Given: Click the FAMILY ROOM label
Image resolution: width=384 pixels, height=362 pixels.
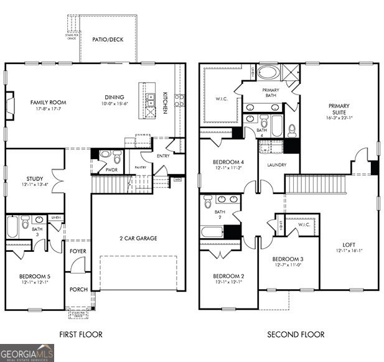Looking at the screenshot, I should (x=49, y=103).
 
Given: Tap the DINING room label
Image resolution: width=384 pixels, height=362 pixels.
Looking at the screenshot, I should (x=115, y=97).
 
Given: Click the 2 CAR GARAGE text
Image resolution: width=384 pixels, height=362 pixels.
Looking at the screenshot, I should (x=138, y=238).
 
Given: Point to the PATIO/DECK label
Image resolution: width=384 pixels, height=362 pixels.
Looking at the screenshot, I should (x=108, y=39).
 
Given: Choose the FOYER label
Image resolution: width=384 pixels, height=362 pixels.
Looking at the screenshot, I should (x=78, y=251).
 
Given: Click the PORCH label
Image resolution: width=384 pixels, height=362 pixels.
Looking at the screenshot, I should (x=78, y=289).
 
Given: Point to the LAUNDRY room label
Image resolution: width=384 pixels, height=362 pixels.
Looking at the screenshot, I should (x=276, y=165).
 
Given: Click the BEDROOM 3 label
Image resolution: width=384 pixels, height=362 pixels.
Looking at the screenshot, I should (x=288, y=259).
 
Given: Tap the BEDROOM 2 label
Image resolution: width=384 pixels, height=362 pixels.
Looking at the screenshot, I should (x=228, y=276).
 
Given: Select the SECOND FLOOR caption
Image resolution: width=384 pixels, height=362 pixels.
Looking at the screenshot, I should (x=296, y=335).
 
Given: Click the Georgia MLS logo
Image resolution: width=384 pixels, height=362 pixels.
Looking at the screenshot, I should (x=27, y=353).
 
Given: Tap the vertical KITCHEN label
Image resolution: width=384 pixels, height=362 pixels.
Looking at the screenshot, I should (x=165, y=103).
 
